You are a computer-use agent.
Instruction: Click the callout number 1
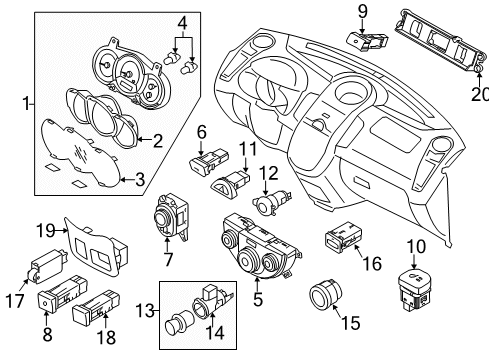(x=28, y=102)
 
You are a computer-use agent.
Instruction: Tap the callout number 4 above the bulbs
(x=182, y=22)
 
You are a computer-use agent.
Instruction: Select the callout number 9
(x=362, y=12)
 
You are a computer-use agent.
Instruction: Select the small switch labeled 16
(x=341, y=239)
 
